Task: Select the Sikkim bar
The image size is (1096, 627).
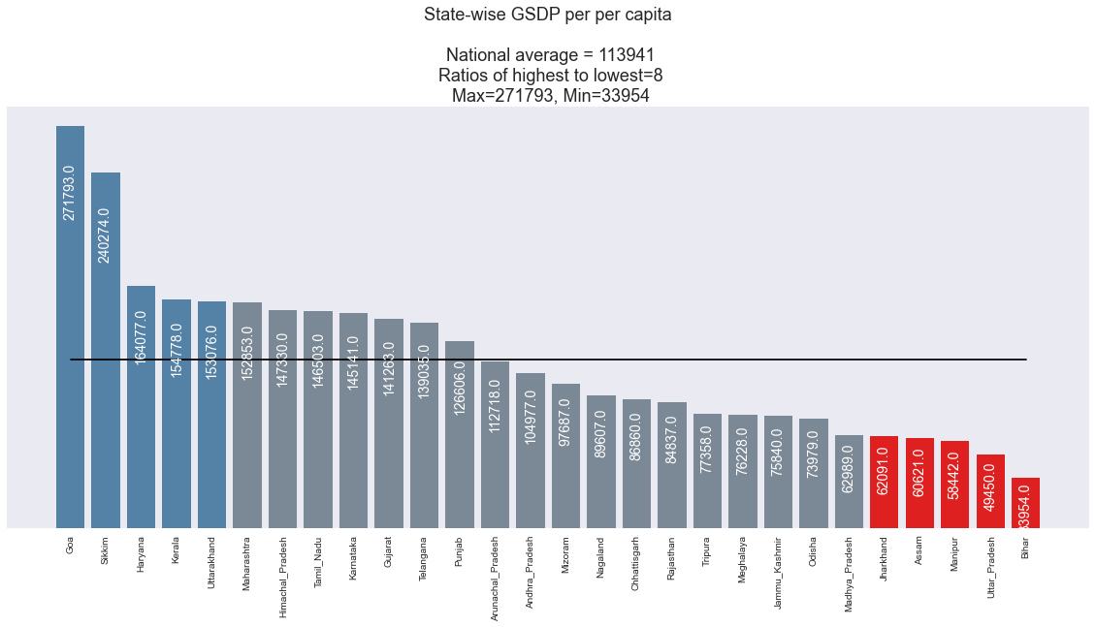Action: coord(106,350)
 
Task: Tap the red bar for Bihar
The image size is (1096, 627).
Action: coord(1025,503)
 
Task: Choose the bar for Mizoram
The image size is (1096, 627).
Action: coord(565,455)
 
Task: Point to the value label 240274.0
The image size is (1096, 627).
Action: coord(105,235)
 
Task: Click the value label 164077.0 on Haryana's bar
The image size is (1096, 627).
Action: coord(141,337)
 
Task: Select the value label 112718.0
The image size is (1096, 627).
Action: coord(495,405)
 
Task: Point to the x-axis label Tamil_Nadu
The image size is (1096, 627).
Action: coord(318,562)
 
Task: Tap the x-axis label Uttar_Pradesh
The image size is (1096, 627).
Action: coord(989,566)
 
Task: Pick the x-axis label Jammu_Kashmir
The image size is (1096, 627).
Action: coord(778,568)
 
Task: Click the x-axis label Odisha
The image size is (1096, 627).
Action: coord(813,553)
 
